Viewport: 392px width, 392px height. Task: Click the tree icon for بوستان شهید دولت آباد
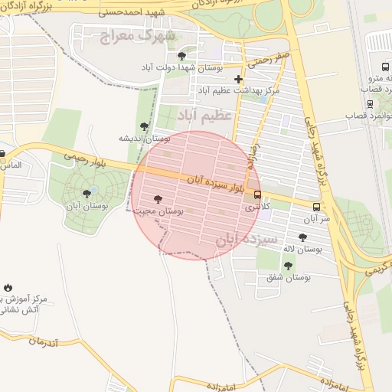click(181, 56)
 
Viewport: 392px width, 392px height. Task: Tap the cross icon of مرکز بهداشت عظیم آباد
click(239, 79)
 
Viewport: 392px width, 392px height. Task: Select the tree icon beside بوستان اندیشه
click(144, 126)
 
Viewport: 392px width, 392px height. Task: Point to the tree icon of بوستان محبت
click(158, 198)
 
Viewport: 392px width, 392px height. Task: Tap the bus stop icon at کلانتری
click(257, 194)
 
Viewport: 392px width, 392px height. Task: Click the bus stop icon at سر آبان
click(316, 207)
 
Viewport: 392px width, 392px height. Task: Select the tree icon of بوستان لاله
click(302, 237)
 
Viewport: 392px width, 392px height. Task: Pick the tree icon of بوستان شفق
click(288, 266)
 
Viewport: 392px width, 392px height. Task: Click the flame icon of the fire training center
click(8, 287)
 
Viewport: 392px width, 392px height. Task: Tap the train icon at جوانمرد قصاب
click(371, 103)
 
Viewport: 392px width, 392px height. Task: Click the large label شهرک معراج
click(139, 34)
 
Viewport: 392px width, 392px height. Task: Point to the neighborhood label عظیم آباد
click(204, 115)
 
